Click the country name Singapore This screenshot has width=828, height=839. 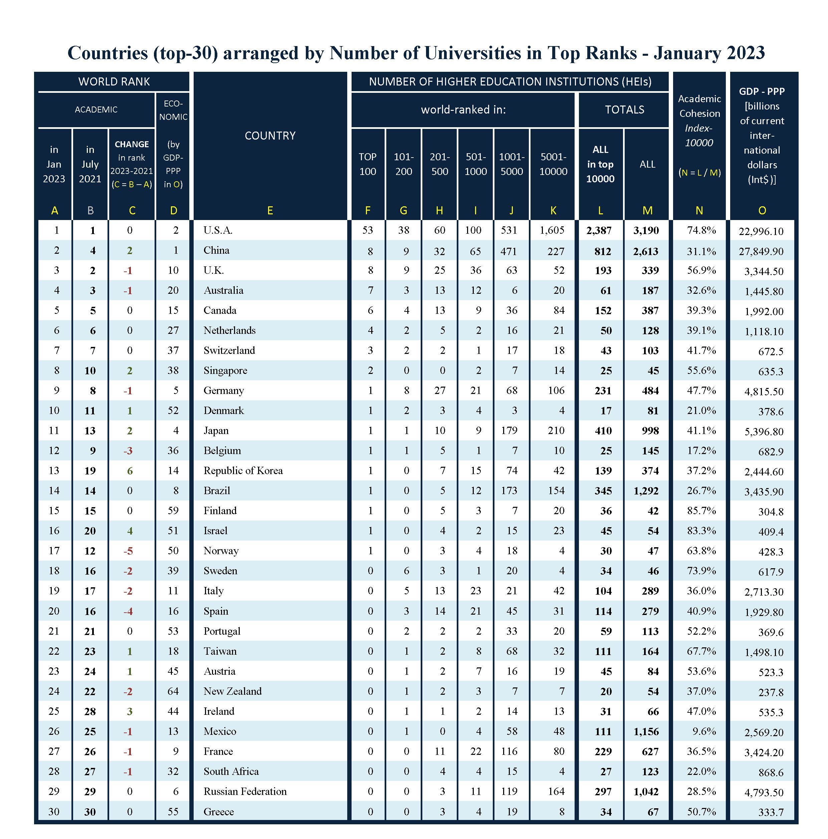pos(225,371)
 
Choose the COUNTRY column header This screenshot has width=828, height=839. pos(270,136)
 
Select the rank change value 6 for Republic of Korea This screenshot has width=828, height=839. pos(130,470)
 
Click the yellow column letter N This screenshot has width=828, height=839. pos(699,211)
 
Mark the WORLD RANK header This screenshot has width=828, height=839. pos(114,82)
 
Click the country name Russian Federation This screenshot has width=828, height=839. pos(245,791)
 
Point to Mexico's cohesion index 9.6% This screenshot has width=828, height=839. pos(704,731)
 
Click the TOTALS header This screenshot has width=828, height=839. pos(624,110)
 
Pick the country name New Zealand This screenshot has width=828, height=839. pos(232,691)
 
